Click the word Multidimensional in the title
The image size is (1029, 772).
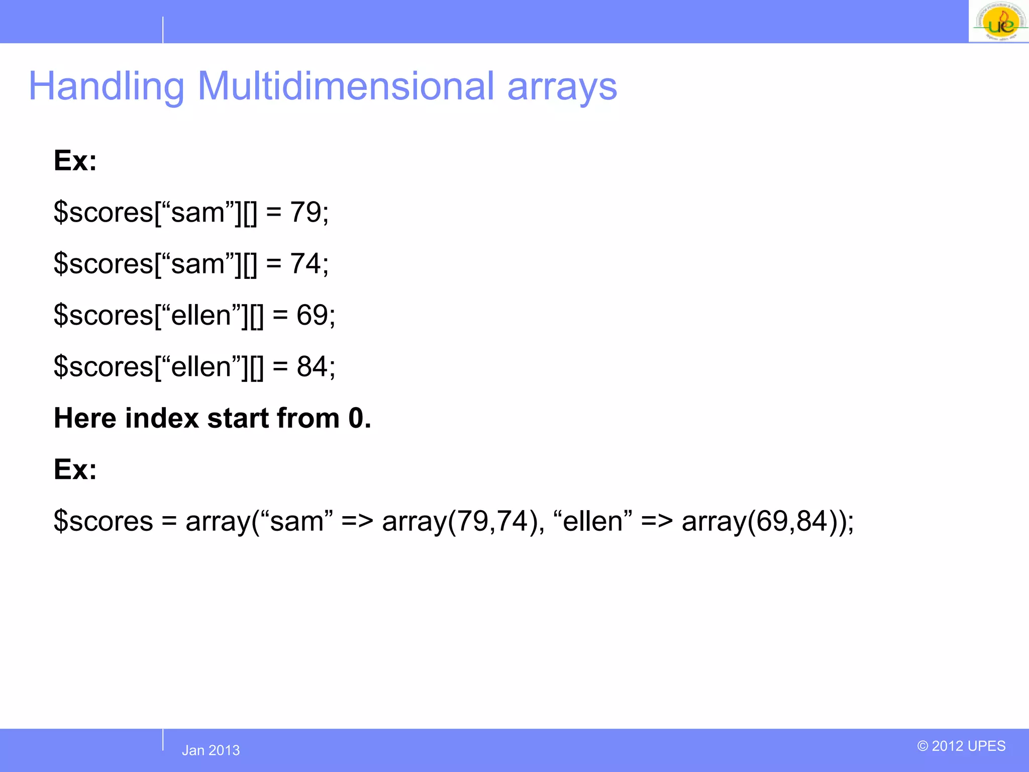[346, 86]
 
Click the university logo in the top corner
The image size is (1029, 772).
[998, 22]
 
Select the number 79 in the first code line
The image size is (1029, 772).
[305, 212]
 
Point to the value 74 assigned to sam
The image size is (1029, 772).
[305, 263]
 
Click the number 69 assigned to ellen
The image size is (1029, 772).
[312, 315]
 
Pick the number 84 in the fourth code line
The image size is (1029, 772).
[312, 366]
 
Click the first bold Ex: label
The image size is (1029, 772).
[75, 161]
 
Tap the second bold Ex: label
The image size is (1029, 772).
[75, 469]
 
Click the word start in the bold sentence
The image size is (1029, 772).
[238, 418]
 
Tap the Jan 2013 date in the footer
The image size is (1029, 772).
[211, 750]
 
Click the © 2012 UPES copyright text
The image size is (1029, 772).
[961, 746]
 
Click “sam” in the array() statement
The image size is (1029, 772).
[296, 521]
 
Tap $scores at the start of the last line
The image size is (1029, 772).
[103, 521]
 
